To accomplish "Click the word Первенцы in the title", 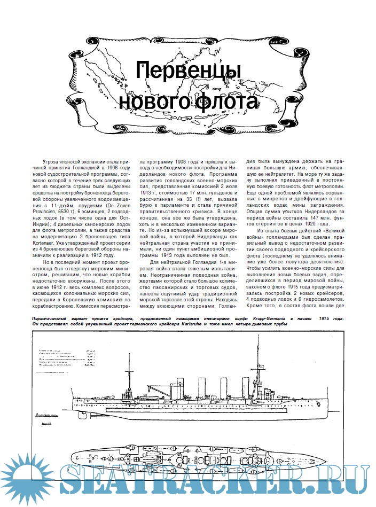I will tap(188, 72).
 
